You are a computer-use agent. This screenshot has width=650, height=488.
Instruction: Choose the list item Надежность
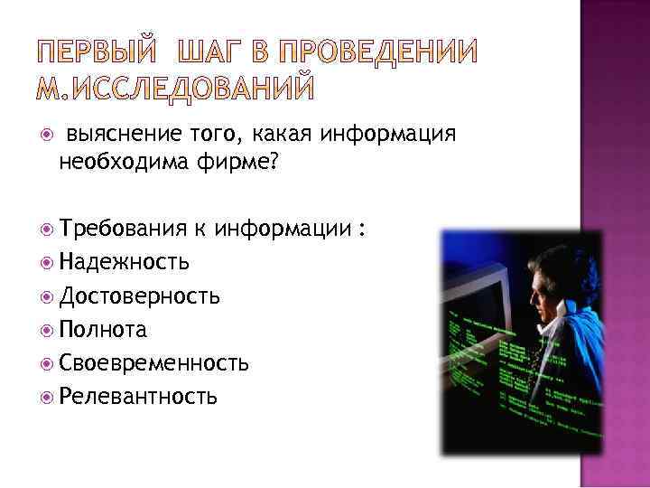pyautogui.click(x=124, y=262)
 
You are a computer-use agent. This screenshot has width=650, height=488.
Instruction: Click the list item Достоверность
pyautogui.click(x=139, y=296)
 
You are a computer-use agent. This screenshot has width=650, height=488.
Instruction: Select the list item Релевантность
pyautogui.click(x=138, y=395)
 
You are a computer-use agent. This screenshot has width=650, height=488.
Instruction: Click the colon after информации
pyautogui.click(x=361, y=230)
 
